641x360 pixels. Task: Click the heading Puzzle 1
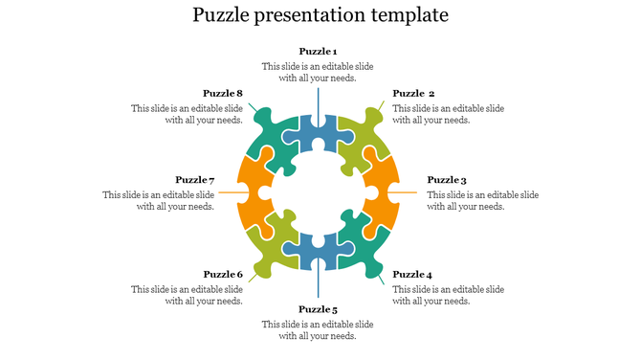tap(318, 52)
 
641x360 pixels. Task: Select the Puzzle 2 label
tap(414, 94)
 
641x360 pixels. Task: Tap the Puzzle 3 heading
tap(447, 180)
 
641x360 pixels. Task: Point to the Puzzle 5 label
tap(318, 310)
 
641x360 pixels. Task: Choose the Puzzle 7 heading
tap(194, 180)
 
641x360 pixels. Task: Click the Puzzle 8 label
tap(223, 94)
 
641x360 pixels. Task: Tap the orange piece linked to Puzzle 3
tap(383, 191)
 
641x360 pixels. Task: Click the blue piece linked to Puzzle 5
tap(319, 252)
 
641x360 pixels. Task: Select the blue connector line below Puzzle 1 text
tap(319, 101)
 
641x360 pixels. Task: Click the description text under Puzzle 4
tap(449, 295)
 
